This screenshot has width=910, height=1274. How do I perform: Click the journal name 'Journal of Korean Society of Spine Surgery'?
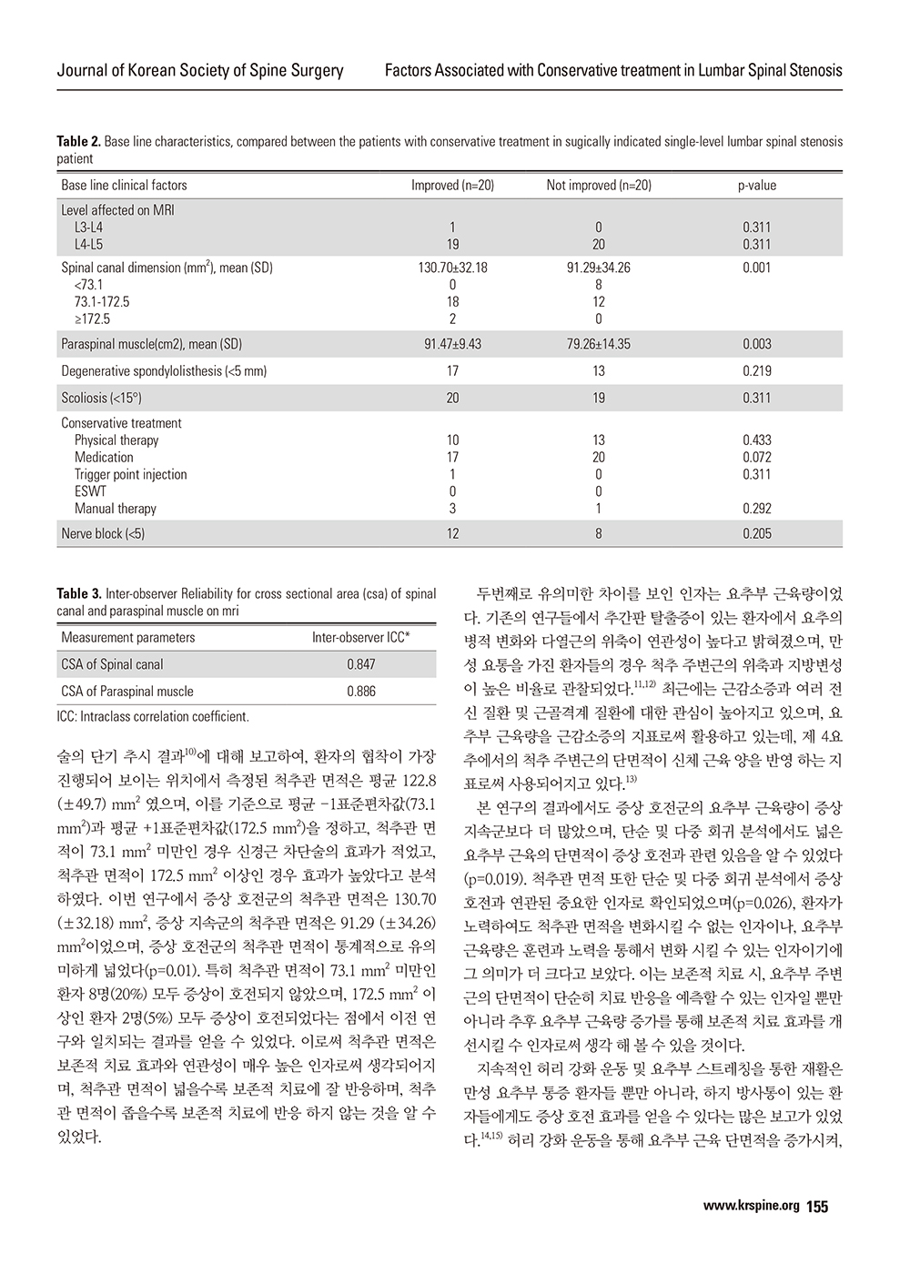pyautogui.click(x=200, y=70)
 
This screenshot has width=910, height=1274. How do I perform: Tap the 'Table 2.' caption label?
pyautogui.click(x=78, y=142)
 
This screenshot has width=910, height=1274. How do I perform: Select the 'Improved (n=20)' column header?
pyautogui.click(x=452, y=186)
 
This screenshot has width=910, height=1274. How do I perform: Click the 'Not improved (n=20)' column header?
pyautogui.click(x=599, y=186)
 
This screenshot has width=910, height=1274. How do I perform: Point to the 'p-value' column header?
pyautogui.click(x=757, y=186)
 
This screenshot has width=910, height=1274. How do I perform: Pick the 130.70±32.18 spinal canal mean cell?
pyautogui.click(x=452, y=268)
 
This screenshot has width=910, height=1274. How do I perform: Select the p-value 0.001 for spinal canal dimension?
pyautogui.click(x=757, y=268)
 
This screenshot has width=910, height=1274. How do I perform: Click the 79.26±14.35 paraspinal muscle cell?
pyautogui.click(x=599, y=345)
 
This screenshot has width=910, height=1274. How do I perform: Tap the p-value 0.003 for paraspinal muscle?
pyautogui.click(x=757, y=345)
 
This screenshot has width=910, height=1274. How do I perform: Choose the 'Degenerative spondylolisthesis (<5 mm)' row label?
pyautogui.click(x=164, y=371)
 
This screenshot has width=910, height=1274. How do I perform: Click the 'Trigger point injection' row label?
pyautogui.click(x=130, y=475)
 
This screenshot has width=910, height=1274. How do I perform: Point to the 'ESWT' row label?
pyautogui.click(x=90, y=492)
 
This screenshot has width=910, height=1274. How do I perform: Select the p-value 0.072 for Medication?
pyautogui.click(x=757, y=458)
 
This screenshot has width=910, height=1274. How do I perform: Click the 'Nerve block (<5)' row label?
pyautogui.click(x=103, y=534)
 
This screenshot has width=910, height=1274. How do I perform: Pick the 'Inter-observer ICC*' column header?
pyautogui.click(x=361, y=638)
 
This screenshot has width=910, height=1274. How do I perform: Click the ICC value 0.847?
pyautogui.click(x=361, y=665)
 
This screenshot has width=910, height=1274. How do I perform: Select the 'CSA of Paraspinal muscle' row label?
pyautogui.click(x=127, y=692)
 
